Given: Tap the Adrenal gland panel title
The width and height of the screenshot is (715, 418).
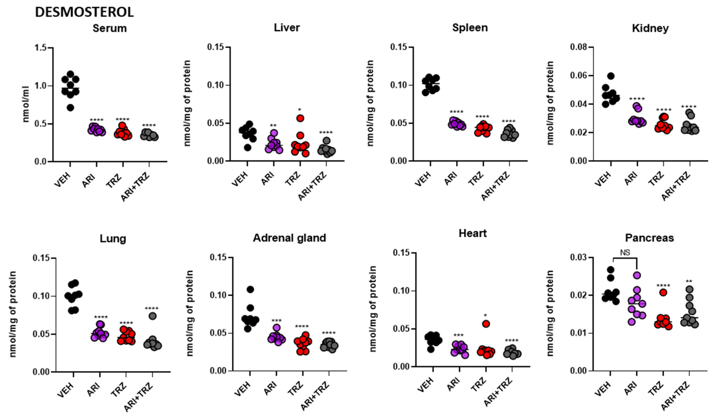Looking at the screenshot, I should point(289,238).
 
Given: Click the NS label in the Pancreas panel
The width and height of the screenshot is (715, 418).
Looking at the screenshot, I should point(625,253).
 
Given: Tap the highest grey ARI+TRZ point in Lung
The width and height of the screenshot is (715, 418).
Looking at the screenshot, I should point(153,316).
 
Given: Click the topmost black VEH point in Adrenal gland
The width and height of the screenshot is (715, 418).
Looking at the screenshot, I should point(250,289).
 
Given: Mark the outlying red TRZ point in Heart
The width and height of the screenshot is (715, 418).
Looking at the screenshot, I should point(486,324).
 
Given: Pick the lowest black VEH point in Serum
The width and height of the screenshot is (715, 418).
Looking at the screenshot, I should point(70,108).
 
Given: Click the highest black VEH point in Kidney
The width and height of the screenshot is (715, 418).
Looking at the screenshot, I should point(611,76).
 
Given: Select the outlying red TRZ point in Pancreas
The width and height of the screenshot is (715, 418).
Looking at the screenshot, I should point(663,293).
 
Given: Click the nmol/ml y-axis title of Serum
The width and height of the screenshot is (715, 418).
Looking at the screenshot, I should point(26,104).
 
